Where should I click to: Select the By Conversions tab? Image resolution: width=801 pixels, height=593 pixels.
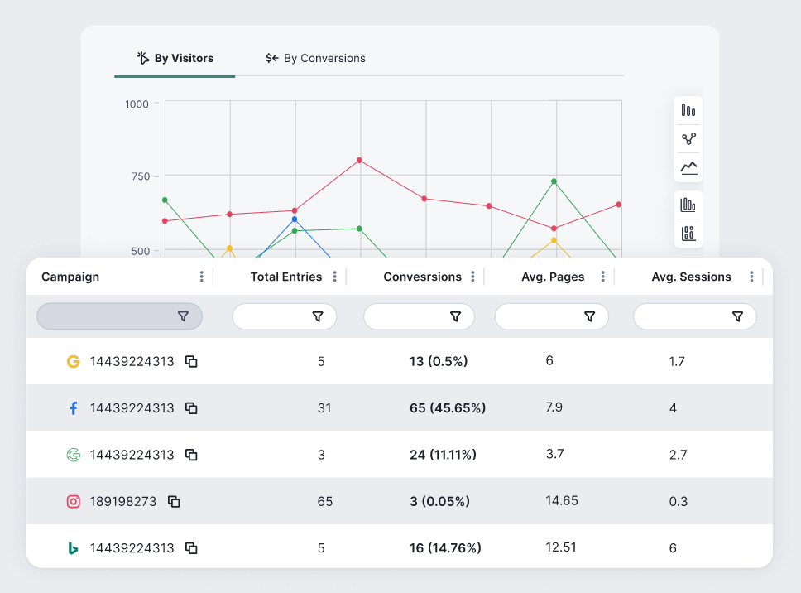click(315, 59)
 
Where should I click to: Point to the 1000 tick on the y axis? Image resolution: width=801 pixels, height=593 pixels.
click(137, 104)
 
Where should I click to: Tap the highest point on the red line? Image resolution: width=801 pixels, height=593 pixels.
click(359, 160)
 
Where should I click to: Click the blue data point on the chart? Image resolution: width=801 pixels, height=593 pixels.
click(295, 219)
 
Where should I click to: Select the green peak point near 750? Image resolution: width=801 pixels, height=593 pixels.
click(554, 181)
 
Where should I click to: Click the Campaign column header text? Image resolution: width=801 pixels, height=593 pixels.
click(70, 277)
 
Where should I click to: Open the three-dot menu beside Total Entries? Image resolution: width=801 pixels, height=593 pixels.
click(334, 277)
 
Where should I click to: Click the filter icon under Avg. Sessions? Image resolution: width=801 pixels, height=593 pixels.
click(737, 316)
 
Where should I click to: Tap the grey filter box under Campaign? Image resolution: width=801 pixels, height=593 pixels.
click(119, 316)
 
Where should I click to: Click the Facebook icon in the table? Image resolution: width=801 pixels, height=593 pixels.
click(73, 408)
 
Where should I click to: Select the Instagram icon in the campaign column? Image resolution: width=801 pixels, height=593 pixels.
click(74, 501)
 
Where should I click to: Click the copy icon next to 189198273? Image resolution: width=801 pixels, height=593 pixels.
click(174, 501)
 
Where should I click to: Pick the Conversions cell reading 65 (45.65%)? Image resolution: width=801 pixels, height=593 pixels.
click(448, 408)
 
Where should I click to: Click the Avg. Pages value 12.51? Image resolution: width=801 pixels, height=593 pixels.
click(561, 547)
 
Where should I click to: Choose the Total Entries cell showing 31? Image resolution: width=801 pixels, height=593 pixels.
click(324, 408)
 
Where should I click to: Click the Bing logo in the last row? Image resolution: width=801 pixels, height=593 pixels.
click(74, 547)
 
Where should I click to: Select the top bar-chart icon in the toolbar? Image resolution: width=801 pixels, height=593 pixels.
click(688, 110)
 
